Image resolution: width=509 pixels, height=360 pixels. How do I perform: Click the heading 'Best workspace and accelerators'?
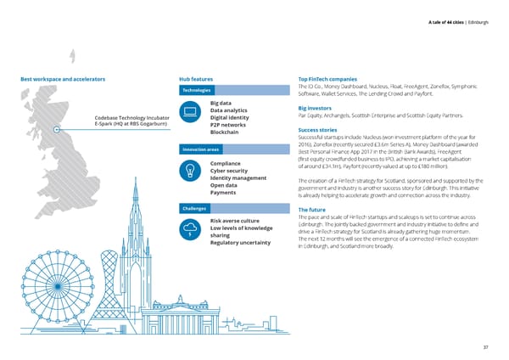tap(63, 79)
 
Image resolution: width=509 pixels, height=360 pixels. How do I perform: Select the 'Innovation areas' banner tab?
tap(200, 149)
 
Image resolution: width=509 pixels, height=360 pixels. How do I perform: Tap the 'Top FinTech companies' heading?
tap(332, 79)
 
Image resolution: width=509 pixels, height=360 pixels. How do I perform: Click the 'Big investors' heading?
tap(319, 108)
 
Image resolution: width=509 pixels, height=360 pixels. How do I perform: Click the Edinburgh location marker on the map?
tap(56, 129)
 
